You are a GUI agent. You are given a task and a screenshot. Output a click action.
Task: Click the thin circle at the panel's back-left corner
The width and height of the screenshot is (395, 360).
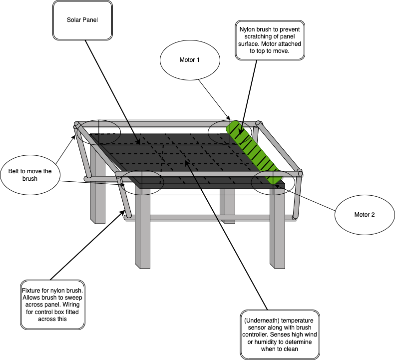coord(97,131)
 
